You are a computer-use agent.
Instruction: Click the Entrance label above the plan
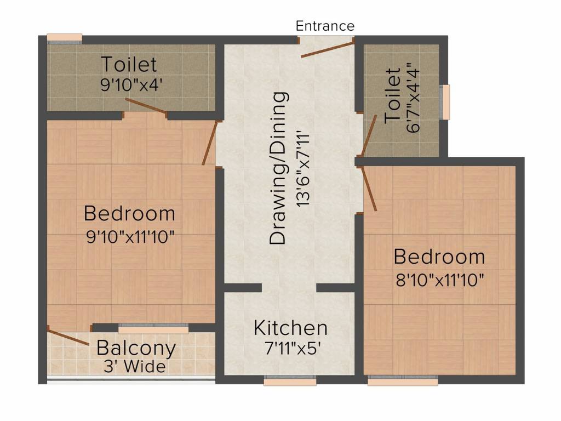(325, 26)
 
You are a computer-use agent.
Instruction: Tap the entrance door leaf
(327, 48)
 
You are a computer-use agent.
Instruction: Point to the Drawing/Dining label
(279, 167)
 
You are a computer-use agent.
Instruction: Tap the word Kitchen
(290, 328)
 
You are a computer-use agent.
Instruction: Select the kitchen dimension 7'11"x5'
(290, 348)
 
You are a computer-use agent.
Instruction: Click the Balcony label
(136, 348)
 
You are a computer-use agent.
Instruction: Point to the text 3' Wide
(135, 366)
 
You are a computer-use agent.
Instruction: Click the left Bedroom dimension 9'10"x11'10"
(130, 237)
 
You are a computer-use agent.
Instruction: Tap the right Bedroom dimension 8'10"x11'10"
(439, 281)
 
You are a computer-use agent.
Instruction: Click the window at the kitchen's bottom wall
(290, 380)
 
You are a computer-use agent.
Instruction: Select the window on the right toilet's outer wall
(446, 102)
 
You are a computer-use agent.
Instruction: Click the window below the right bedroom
(402, 380)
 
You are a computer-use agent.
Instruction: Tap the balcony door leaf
(68, 335)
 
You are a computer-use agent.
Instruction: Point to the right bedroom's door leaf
(368, 190)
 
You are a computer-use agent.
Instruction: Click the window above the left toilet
(64, 37)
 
